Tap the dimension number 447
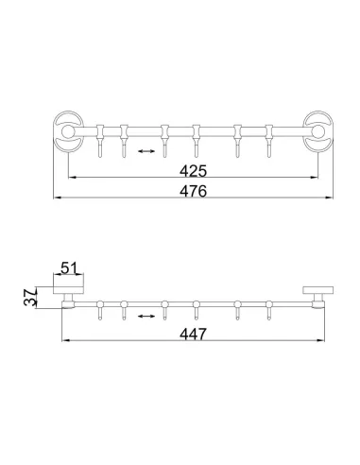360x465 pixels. (x=191, y=332)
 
